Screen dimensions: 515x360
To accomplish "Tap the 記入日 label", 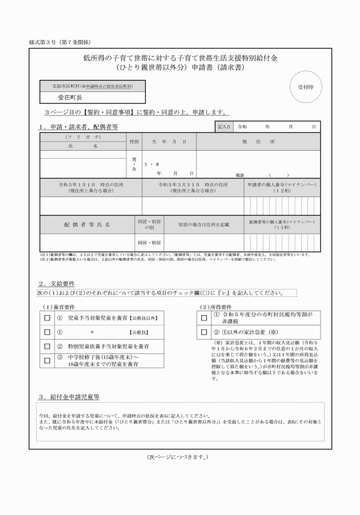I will click(223, 127).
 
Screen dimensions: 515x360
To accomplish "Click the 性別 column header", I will click(134, 141).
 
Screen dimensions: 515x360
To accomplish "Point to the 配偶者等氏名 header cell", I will click(86, 225).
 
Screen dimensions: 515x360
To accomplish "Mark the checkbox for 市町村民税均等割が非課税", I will click(203, 317).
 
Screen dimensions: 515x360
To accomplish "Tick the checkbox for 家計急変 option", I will click(203, 332).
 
